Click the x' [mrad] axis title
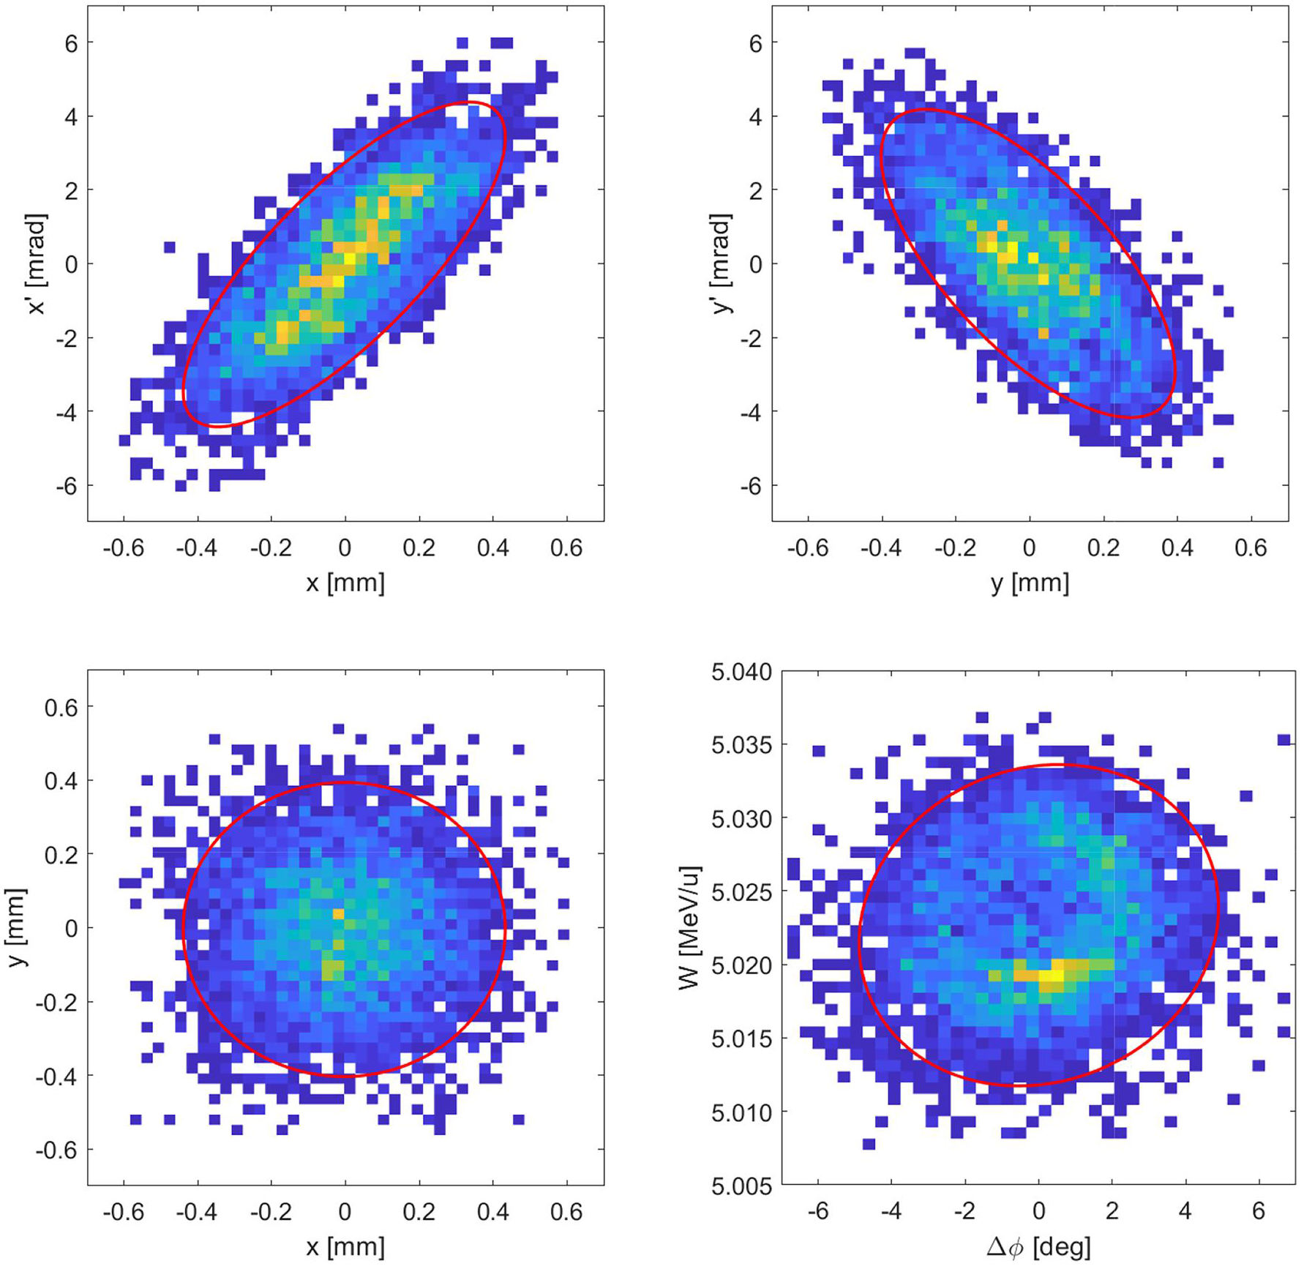coord(37,263)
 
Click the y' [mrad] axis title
coord(722,263)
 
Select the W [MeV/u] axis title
coord(689,927)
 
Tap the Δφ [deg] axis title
coord(1038,1247)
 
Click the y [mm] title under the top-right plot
coord(1030,583)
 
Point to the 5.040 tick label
coord(741,672)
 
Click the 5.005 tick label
coord(741,1186)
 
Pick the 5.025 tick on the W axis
coord(741,892)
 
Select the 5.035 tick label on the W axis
coord(741,745)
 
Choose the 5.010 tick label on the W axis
coord(741,1112)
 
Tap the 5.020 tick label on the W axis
coord(741,965)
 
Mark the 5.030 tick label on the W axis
coord(741,818)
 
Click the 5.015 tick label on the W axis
coord(741,1038)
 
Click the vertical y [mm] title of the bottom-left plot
coord(16,927)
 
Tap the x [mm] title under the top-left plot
coord(345,583)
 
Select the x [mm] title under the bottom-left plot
coord(345,1247)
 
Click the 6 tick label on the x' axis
coord(70,43)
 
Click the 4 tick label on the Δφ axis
coord(1185,1211)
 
